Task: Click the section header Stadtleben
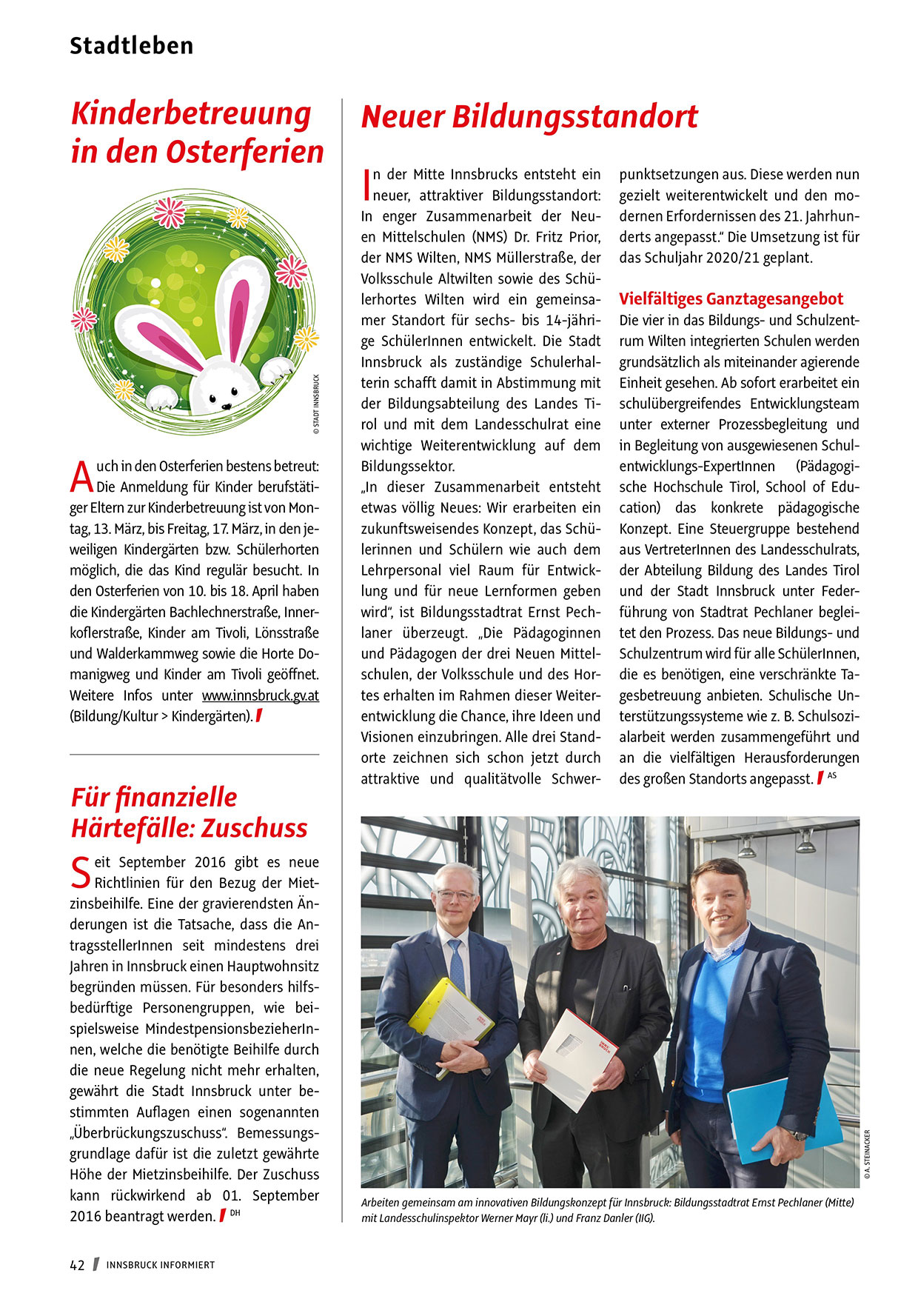coord(131,46)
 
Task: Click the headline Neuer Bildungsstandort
coord(529,117)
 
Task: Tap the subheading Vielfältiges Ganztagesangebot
coord(731,299)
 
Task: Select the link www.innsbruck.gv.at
coord(261,696)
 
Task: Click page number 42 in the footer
coord(77,1265)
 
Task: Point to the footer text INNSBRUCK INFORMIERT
coord(161,1265)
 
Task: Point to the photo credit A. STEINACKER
coord(867,1153)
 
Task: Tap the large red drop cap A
coord(81,476)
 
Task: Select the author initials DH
coord(235,1212)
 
